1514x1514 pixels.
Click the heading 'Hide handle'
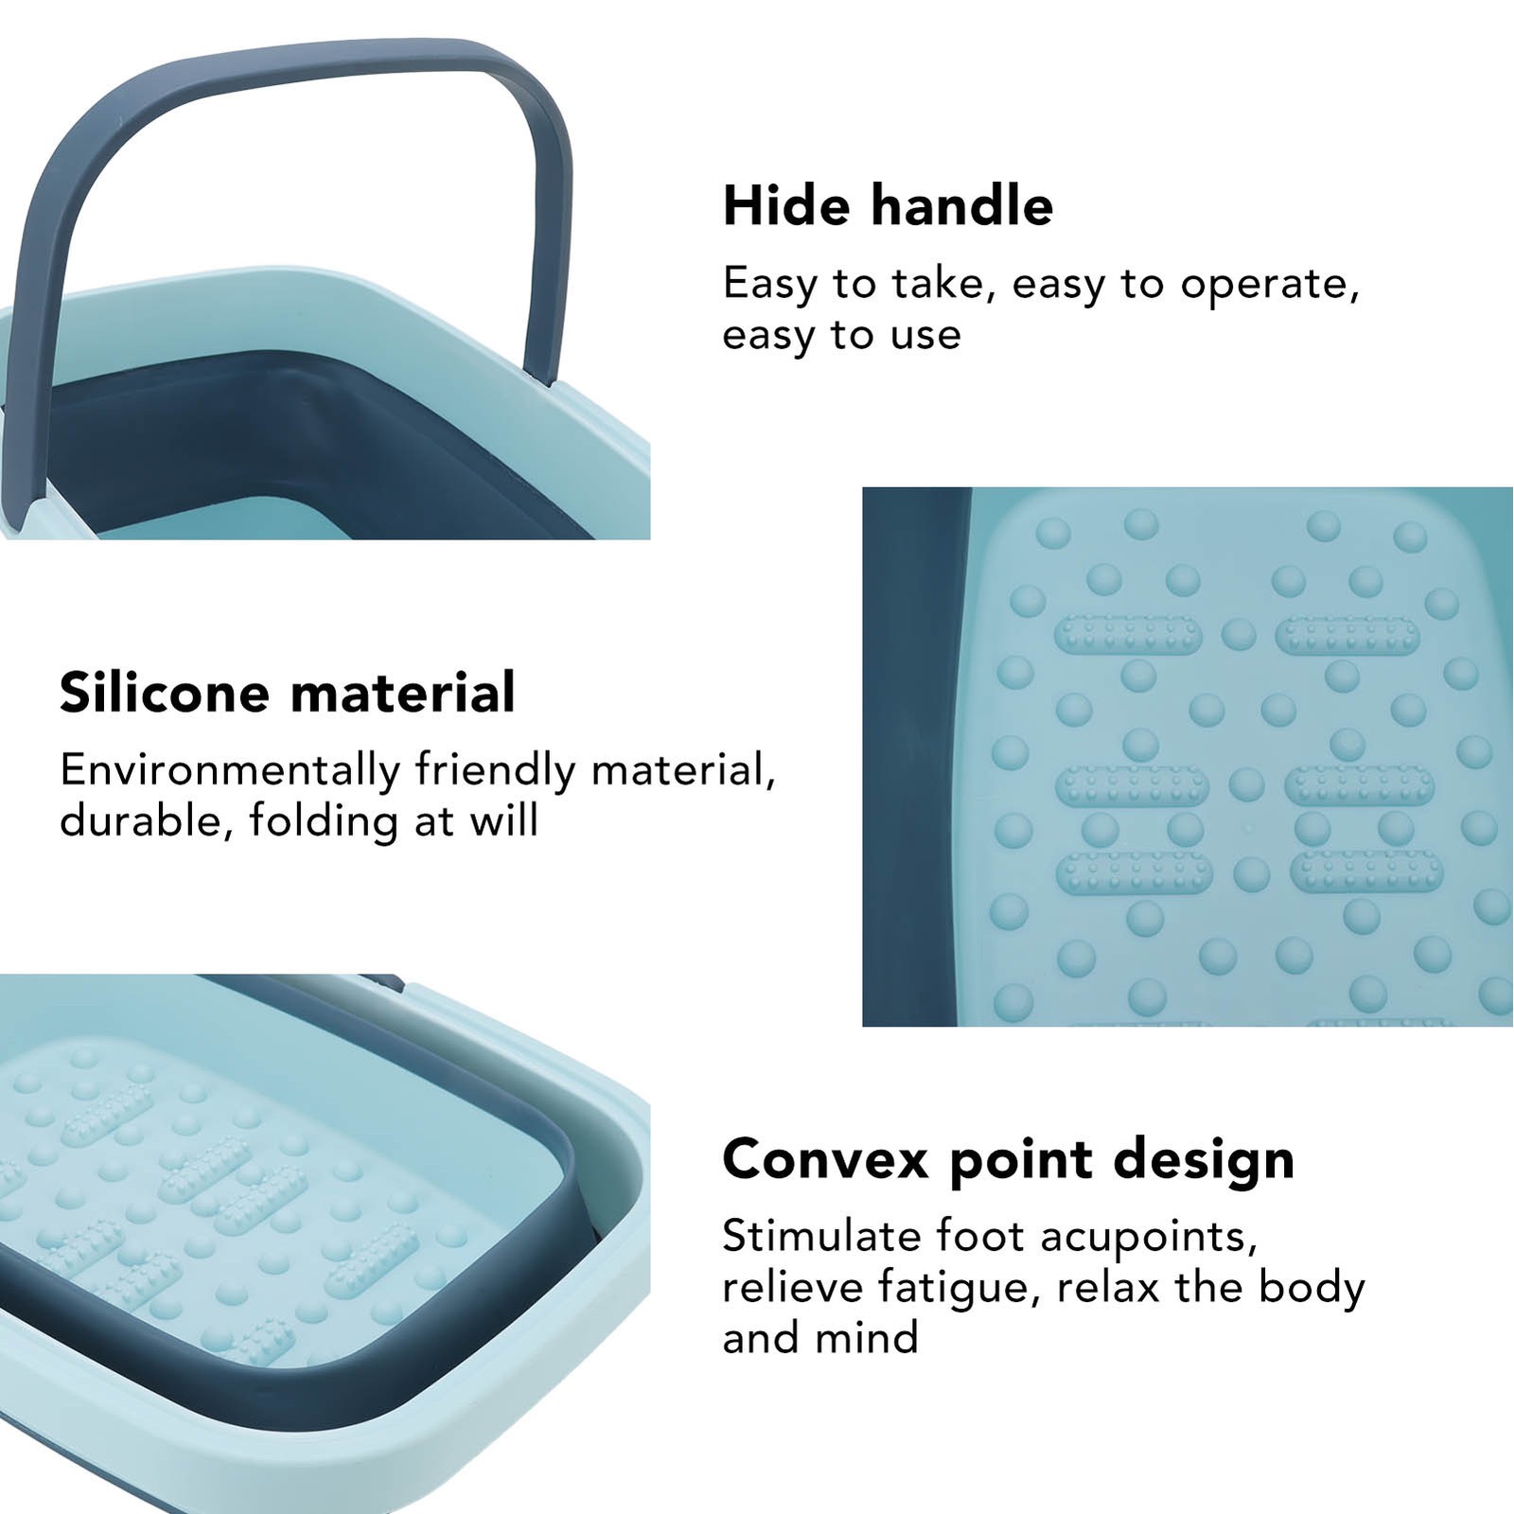[888, 205]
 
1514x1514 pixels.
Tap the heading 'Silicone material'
[288, 692]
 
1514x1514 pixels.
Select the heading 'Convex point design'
[1009, 1160]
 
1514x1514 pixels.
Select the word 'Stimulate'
[821, 1236]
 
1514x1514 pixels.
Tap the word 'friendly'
[495, 770]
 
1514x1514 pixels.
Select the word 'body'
[1312, 1288]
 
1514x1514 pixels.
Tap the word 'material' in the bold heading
[403, 692]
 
